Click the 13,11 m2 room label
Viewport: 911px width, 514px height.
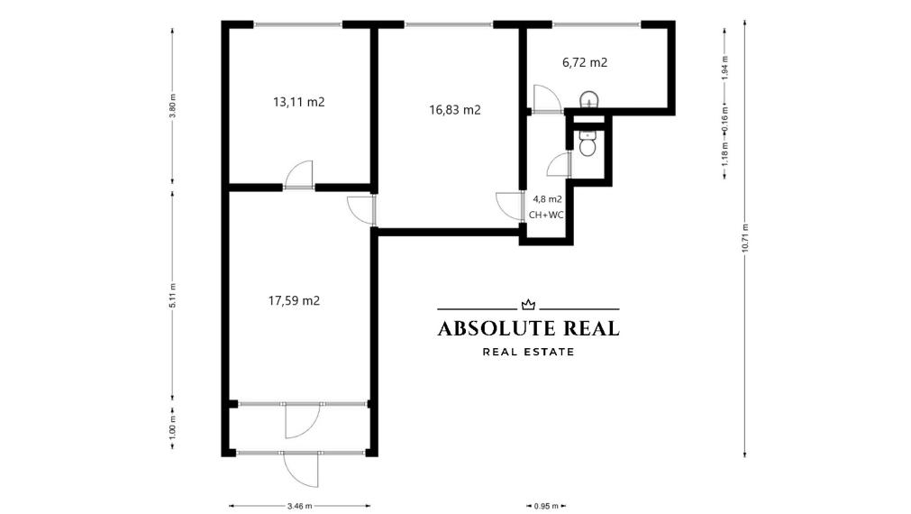coord(298,102)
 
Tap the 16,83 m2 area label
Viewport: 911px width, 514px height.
coord(454,110)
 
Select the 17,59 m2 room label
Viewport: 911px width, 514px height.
coord(294,300)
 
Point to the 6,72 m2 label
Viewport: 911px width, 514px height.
coord(584,62)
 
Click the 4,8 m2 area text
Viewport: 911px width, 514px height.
coord(547,198)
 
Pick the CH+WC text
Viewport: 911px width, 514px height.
coord(547,214)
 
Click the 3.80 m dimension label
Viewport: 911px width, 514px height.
coord(172,106)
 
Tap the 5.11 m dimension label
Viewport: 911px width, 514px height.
coord(172,296)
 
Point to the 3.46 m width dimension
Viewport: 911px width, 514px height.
coord(299,506)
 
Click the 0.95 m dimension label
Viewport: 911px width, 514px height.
coord(546,506)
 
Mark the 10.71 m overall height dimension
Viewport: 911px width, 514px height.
coord(745,236)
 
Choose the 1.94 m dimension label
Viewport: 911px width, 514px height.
coord(725,69)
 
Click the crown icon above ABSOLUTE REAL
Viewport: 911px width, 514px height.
coord(529,305)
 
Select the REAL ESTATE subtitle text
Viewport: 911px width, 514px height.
coord(529,352)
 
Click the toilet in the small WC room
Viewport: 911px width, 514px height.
coord(588,144)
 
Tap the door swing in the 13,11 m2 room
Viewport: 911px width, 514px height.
coord(300,174)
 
